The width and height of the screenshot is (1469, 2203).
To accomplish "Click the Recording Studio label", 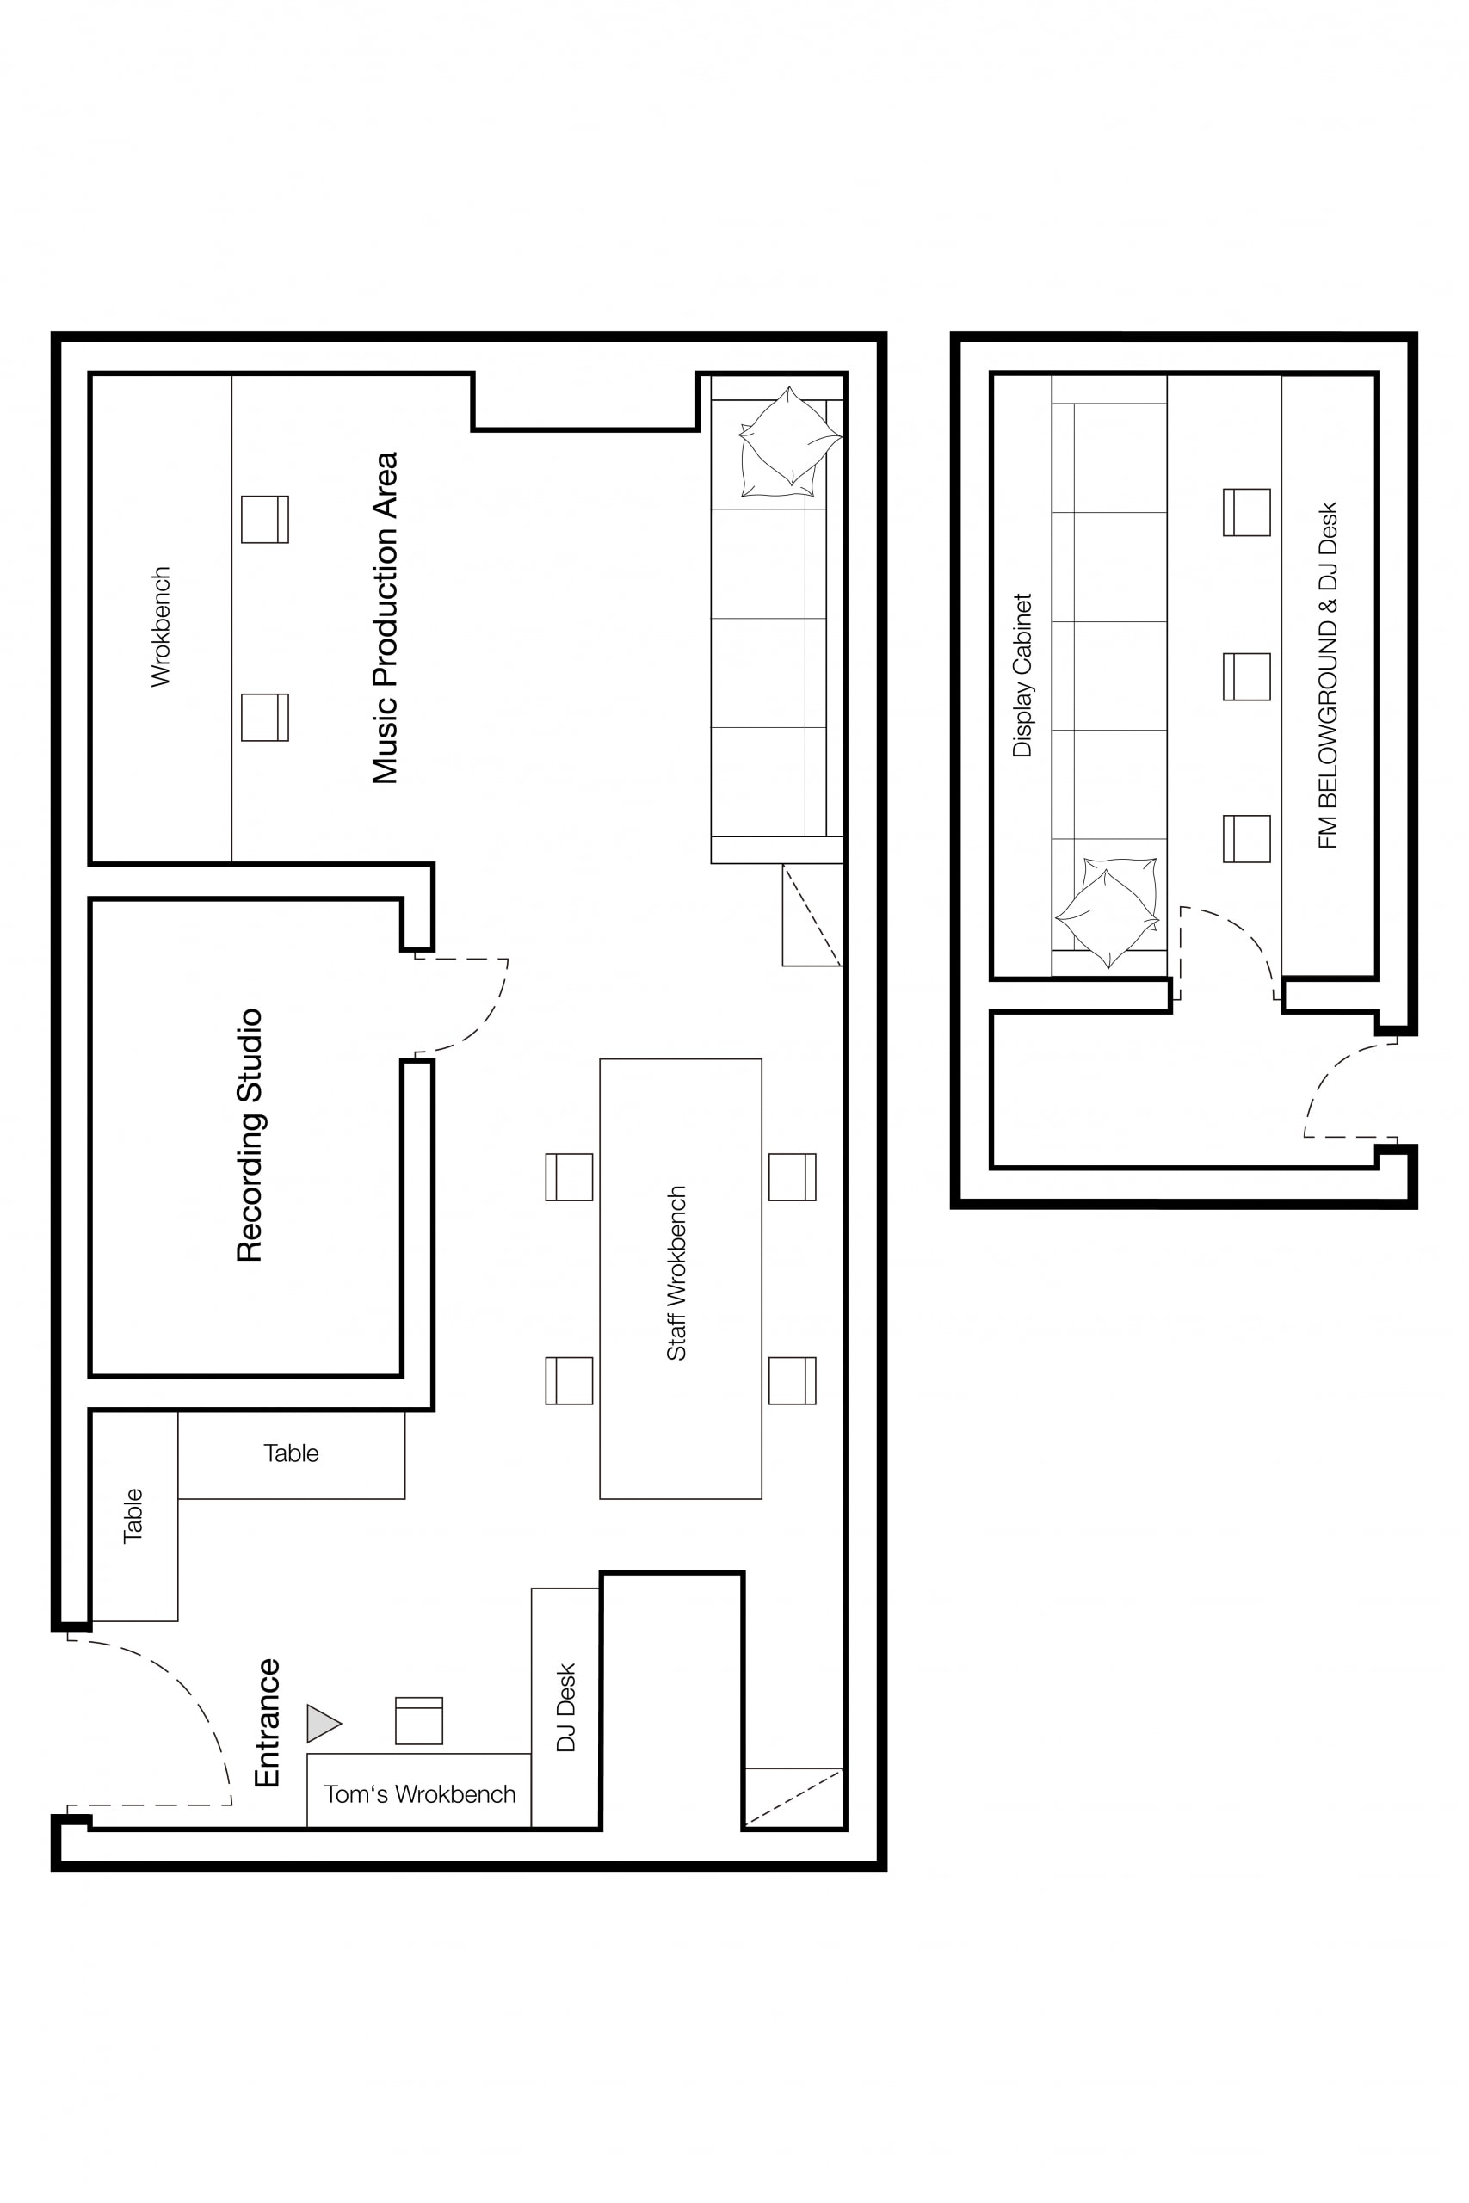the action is (x=250, y=1135).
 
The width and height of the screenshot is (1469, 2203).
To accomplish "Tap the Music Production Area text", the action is (x=385, y=618).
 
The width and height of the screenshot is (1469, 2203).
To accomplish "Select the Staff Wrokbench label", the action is (x=676, y=1273).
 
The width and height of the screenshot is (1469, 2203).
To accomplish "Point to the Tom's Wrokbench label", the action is (x=420, y=1793).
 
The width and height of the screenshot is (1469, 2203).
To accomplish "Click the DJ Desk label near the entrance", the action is (x=566, y=1707).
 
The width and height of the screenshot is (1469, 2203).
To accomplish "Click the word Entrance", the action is (x=268, y=1723).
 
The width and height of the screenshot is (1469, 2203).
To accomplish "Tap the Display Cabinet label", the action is (x=1022, y=675).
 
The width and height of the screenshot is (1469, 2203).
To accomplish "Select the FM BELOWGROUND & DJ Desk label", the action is (x=1328, y=676).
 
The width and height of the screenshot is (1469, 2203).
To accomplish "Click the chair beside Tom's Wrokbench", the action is (x=419, y=1720).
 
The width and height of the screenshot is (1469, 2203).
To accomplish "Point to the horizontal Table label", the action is (x=292, y=1453).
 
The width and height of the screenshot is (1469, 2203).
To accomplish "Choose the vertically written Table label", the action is (x=133, y=1515).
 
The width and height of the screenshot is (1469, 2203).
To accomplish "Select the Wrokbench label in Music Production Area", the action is (x=161, y=626).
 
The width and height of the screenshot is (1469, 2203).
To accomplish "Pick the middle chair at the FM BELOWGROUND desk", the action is (x=1247, y=676).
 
